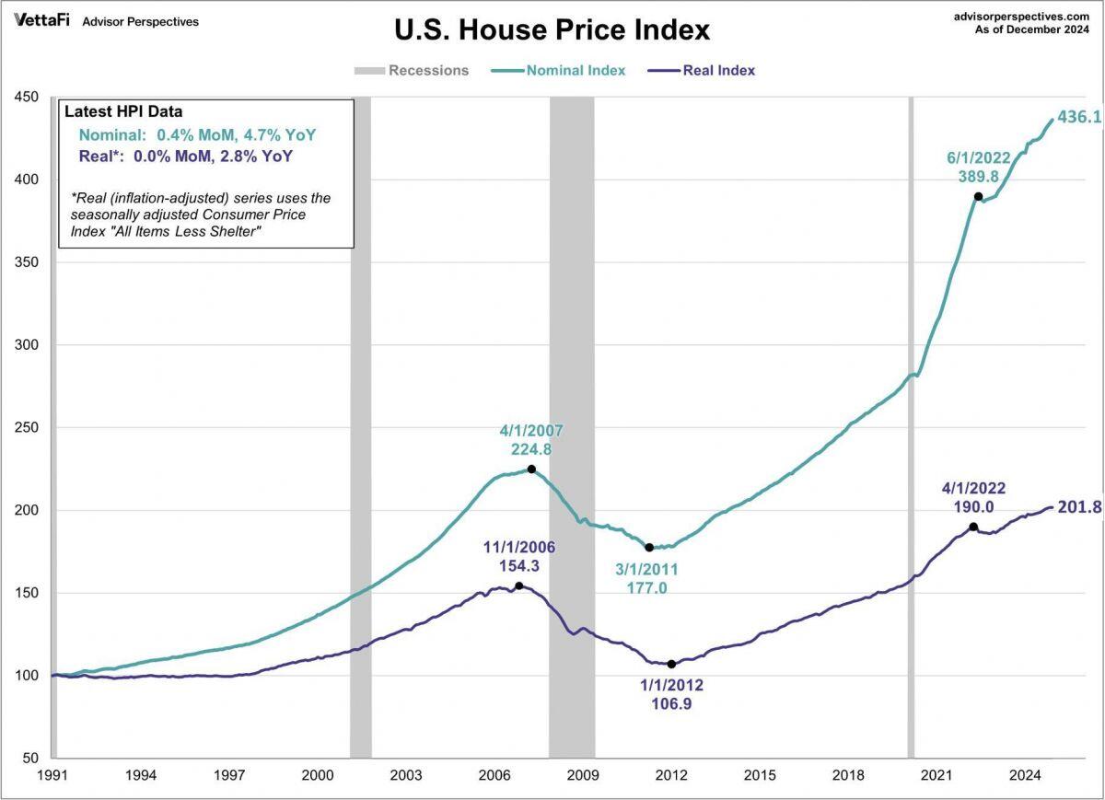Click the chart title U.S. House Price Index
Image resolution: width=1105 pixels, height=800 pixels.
click(x=552, y=29)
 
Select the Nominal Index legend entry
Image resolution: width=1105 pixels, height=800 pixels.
click(x=576, y=70)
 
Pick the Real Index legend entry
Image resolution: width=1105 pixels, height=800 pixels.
click(x=718, y=70)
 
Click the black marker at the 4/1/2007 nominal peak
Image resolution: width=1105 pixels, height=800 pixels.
click(x=531, y=470)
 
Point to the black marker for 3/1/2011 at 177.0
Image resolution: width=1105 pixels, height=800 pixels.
click(x=649, y=548)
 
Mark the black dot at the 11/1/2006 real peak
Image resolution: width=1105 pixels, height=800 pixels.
click(x=519, y=586)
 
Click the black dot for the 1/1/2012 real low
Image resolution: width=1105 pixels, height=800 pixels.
click(x=671, y=664)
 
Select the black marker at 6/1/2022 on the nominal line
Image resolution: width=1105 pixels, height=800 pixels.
click(x=979, y=196)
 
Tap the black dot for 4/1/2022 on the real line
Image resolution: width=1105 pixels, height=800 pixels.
click(x=973, y=527)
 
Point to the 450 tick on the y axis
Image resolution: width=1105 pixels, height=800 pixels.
click(x=26, y=97)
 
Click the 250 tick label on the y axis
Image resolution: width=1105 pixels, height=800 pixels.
click(x=26, y=428)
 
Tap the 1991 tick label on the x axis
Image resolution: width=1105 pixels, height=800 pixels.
click(x=52, y=775)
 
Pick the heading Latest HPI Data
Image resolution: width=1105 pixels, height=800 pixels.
click(x=123, y=112)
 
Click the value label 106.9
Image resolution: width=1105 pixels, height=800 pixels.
click(x=671, y=704)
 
